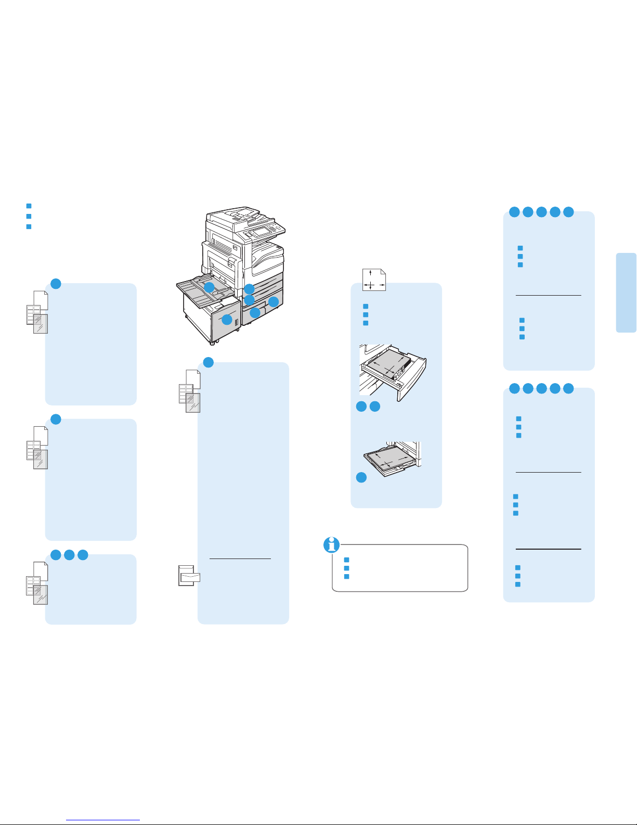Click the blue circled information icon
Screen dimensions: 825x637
pyautogui.click(x=331, y=545)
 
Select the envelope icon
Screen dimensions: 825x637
pyautogui.click(x=189, y=576)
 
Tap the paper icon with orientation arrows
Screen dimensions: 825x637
pyautogui.click(x=374, y=280)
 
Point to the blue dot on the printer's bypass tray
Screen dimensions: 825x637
pyautogui.click(x=209, y=287)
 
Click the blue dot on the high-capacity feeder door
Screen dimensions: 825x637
pyautogui.click(x=227, y=320)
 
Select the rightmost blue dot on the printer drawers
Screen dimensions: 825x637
pyautogui.click(x=274, y=301)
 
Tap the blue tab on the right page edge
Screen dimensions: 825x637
pyautogui.click(x=626, y=292)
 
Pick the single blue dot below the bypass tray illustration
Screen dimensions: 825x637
pyautogui.click(x=361, y=477)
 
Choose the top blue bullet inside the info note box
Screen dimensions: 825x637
pyautogui.click(x=346, y=560)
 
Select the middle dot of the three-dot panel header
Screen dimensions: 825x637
pyautogui.click(x=69, y=555)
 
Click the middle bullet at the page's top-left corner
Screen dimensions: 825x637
pyautogui.click(x=29, y=216)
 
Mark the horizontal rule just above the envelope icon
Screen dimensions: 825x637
pyautogui.click(x=240, y=559)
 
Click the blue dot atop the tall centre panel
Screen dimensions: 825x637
pyautogui.click(x=207, y=362)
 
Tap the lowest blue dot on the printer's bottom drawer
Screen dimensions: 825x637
pyautogui.click(x=255, y=313)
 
